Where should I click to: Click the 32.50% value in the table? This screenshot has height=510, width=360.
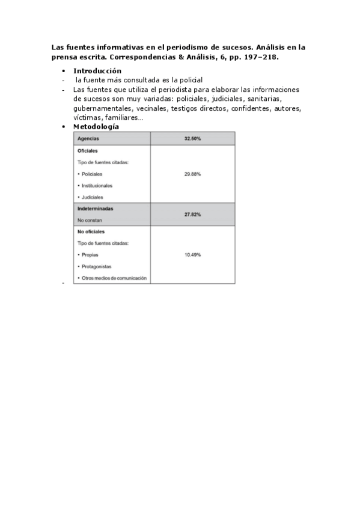tap(192, 139)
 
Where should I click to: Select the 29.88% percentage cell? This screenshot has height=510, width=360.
tap(192, 174)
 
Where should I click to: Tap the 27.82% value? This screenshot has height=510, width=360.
tap(192, 214)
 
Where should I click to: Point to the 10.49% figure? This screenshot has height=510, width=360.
tap(192, 254)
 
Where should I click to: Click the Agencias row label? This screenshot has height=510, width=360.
tap(88, 139)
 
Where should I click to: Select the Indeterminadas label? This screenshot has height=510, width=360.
tap(95, 209)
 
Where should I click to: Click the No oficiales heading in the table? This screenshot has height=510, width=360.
tap(91, 232)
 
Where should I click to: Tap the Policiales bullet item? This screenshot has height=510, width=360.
tap(92, 174)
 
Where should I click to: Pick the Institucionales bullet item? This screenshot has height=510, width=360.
tap(97, 186)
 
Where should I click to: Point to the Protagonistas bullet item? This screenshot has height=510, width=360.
tap(96, 266)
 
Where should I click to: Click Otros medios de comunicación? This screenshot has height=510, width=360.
tap(114, 278)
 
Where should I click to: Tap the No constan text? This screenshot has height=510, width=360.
tap(88, 220)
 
